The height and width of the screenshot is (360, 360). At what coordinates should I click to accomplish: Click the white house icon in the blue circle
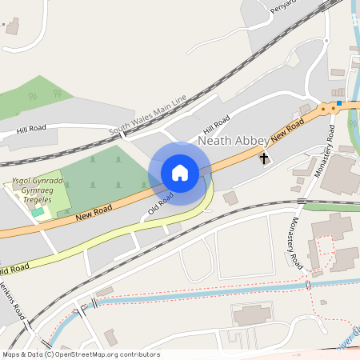click(x=180, y=173)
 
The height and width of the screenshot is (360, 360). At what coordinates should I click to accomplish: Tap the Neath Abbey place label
click(x=233, y=141)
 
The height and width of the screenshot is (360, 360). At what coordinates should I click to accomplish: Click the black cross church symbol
click(x=264, y=159)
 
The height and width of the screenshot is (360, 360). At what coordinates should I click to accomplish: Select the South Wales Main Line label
click(x=148, y=116)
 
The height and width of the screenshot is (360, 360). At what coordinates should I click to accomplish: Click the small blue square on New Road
click(x=339, y=103)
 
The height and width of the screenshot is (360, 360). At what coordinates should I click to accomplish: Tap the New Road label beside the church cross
click(x=288, y=129)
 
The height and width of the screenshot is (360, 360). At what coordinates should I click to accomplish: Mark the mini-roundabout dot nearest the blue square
click(x=333, y=107)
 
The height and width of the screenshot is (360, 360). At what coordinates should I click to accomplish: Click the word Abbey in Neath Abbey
click(x=251, y=141)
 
